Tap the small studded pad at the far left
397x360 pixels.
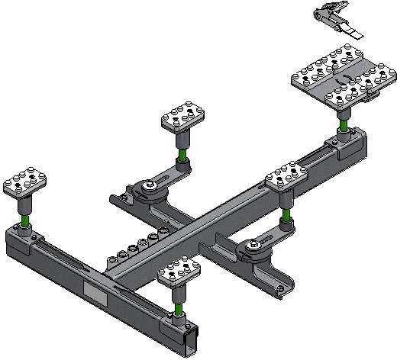(x=25, y=183)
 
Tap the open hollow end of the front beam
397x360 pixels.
(x=191, y=336)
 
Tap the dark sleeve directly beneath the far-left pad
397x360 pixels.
(x=27, y=204)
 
